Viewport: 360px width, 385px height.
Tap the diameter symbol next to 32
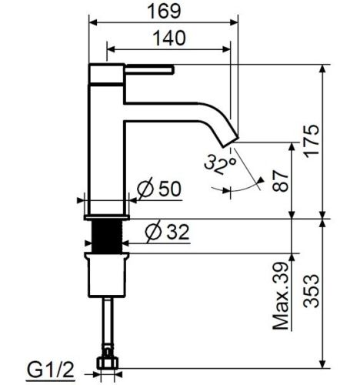point(152,230)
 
